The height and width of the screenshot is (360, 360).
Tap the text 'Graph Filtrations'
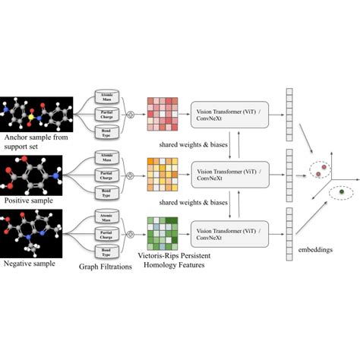tap(106, 266)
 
